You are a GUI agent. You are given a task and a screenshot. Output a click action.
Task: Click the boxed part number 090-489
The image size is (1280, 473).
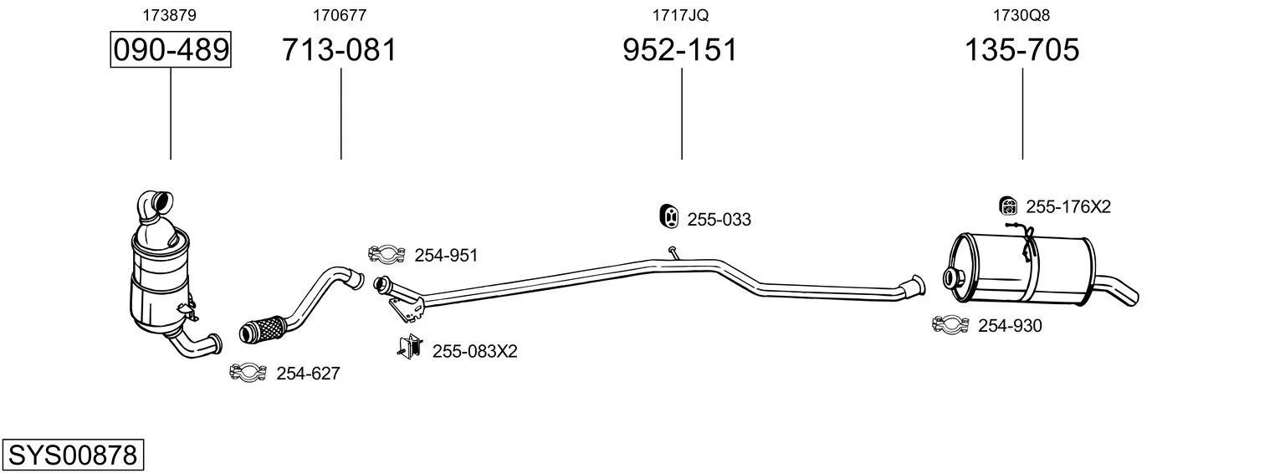(171, 49)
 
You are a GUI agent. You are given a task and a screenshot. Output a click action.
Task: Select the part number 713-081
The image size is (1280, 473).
(340, 49)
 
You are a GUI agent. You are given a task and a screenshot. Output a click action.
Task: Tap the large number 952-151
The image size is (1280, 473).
(680, 49)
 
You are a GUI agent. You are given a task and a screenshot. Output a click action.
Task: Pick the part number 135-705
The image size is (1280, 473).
(1021, 49)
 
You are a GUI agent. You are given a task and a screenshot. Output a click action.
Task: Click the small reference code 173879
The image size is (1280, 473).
(169, 15)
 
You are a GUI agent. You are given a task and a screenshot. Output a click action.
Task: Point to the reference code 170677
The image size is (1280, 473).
(340, 15)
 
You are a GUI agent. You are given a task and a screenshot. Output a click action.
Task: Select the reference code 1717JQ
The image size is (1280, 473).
(680, 15)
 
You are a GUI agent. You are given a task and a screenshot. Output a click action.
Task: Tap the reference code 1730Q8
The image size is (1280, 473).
(1021, 15)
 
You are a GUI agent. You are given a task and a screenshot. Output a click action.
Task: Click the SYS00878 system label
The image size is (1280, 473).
(73, 455)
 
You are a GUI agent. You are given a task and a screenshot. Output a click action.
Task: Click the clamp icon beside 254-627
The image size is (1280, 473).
(248, 373)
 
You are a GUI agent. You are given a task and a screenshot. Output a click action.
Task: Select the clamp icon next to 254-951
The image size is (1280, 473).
(387, 254)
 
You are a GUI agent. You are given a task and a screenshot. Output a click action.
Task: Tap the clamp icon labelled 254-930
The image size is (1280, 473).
(950, 324)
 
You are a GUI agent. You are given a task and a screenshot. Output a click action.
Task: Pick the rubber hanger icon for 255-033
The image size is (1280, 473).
(668, 216)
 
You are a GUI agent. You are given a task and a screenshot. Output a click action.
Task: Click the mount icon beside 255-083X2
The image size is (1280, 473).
(410, 346)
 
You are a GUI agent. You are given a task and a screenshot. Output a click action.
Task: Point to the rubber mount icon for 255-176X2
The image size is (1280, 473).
(1009, 206)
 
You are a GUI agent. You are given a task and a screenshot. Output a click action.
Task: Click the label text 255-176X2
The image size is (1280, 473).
(1068, 206)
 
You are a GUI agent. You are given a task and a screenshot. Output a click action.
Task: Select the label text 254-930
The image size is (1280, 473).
(1010, 326)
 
